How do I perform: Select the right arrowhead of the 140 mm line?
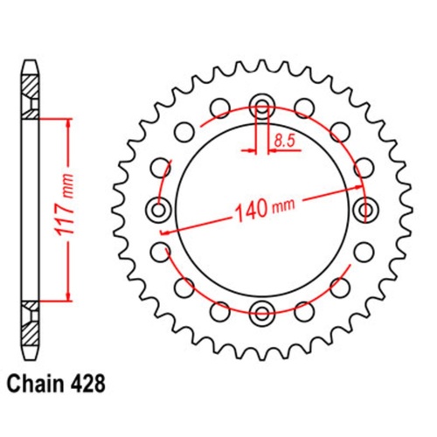(358, 187)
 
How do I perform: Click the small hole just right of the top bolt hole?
(303, 109)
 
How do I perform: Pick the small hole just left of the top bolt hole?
(220, 109)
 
